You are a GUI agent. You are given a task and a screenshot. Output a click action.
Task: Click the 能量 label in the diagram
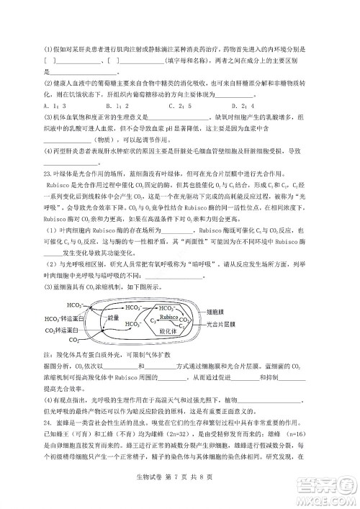coord(113,315)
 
